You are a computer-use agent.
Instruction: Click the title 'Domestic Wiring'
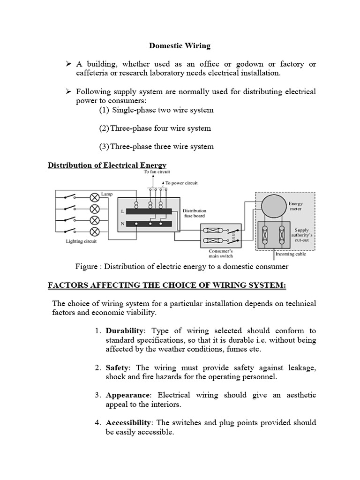pyautogui.click(x=180, y=46)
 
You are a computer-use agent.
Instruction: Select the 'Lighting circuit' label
pyautogui.click(x=82, y=241)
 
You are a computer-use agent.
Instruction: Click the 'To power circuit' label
pyautogui.click(x=181, y=182)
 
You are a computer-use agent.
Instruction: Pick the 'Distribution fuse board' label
pyautogui.click(x=194, y=213)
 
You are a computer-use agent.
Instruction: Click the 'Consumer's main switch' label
pyautogui.click(x=220, y=254)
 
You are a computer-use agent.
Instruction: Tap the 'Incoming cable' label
pyautogui.click(x=291, y=254)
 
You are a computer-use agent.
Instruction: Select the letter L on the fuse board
pyautogui.click(x=123, y=212)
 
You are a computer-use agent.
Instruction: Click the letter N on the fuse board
pyautogui.click(x=123, y=224)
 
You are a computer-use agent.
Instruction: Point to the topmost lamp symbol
pyautogui.click(x=94, y=196)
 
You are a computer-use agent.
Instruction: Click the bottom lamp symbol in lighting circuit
pyautogui.click(x=94, y=232)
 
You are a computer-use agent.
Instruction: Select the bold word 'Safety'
pyautogui.click(x=115, y=367)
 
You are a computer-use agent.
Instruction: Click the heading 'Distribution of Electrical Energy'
pyautogui.click(x=107, y=165)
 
